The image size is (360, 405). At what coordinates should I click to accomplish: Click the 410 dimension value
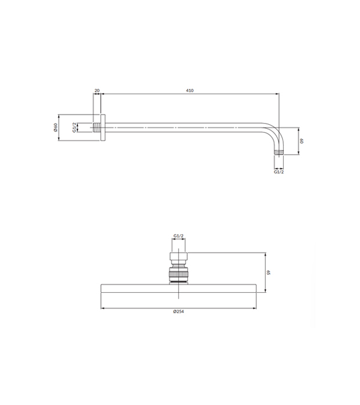(x=190, y=91)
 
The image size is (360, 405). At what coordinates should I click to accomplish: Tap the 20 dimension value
(x=97, y=91)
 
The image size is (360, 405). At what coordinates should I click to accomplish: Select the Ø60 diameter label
(x=55, y=127)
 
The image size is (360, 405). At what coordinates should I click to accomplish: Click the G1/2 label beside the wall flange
(x=74, y=128)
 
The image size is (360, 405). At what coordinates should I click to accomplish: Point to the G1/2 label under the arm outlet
(x=278, y=172)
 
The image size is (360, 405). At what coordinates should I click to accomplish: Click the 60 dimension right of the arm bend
(x=302, y=141)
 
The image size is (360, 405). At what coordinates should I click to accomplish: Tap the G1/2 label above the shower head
(x=178, y=236)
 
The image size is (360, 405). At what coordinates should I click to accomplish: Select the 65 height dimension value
(x=269, y=272)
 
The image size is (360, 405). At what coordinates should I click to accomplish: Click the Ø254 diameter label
(x=178, y=311)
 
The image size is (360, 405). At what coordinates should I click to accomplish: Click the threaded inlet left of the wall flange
(x=97, y=128)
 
